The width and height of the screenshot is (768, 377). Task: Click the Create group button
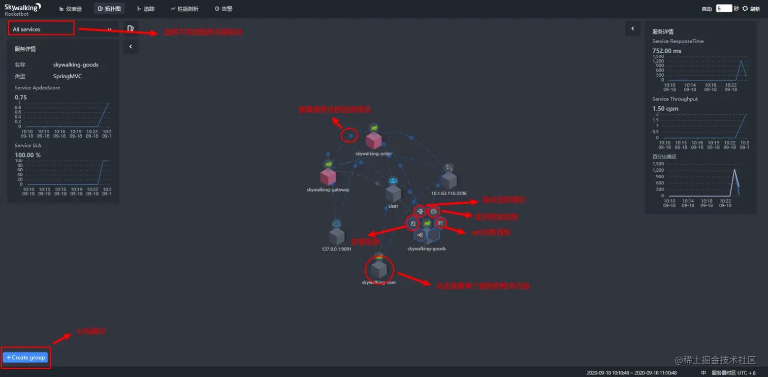tap(25, 357)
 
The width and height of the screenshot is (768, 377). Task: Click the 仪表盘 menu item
tap(71, 9)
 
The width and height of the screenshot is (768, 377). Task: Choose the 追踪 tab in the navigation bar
tap(146, 9)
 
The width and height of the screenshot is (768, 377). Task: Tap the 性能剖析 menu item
tap(184, 9)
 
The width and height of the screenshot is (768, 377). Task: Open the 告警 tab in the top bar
tap(223, 9)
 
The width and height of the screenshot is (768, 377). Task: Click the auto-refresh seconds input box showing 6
tap(723, 9)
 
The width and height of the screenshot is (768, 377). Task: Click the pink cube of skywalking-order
tap(374, 141)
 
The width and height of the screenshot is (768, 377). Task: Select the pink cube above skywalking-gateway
tap(328, 177)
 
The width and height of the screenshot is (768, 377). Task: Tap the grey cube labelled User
tap(393, 194)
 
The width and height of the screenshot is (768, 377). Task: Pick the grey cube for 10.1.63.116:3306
tap(449, 180)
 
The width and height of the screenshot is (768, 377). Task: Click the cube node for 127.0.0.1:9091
tap(336, 236)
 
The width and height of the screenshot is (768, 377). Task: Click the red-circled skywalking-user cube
tap(379, 269)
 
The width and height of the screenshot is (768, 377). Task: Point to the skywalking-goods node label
tap(427, 249)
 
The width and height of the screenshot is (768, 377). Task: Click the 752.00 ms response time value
tap(666, 51)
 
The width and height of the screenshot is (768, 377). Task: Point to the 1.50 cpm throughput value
tap(665, 109)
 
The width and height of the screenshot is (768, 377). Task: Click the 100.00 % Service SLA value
tap(28, 155)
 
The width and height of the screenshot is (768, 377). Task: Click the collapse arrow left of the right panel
tap(632, 28)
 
